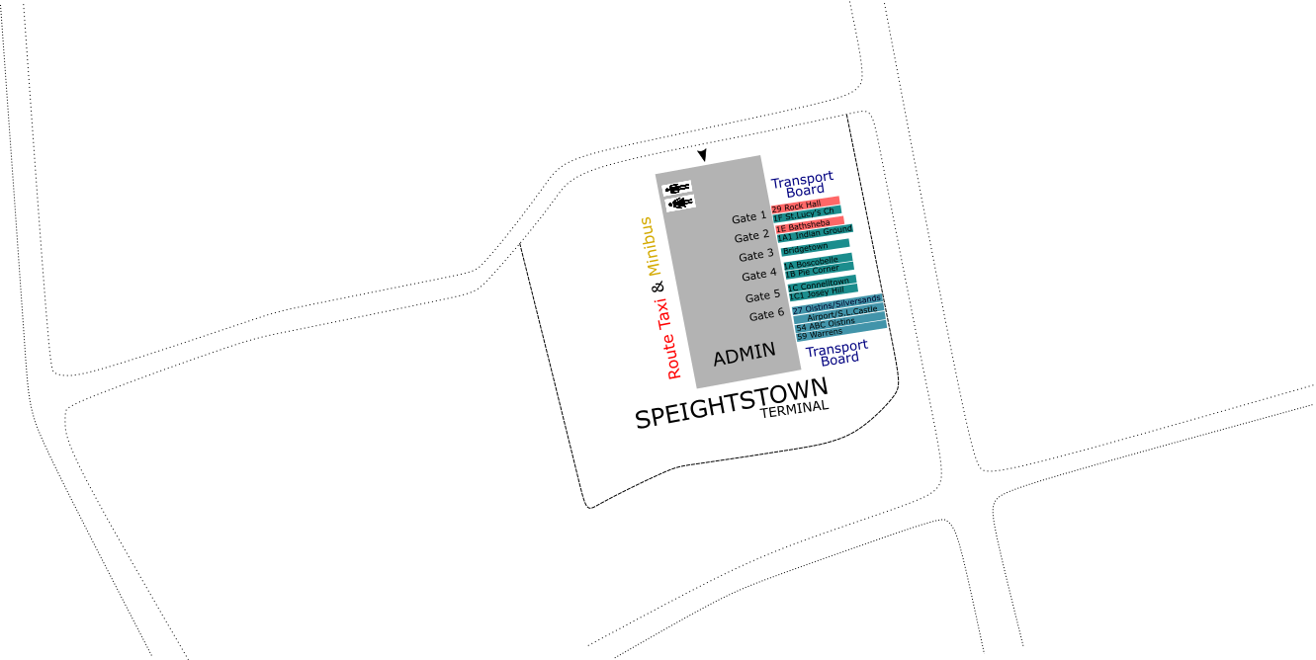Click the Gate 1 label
click(x=748, y=218)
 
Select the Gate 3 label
click(x=756, y=256)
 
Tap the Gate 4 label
click(x=759, y=275)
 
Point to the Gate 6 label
click(x=766, y=315)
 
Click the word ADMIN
click(x=745, y=355)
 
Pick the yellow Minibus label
click(x=650, y=247)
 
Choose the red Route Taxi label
click(x=668, y=339)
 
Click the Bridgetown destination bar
click(x=807, y=247)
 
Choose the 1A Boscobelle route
click(x=812, y=262)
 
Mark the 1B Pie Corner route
click(x=812, y=271)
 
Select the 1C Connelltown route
click(x=819, y=285)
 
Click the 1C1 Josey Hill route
click(x=817, y=293)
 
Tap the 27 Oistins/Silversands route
click(x=836, y=303)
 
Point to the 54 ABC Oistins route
click(x=825, y=324)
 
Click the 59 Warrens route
click(x=820, y=334)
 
